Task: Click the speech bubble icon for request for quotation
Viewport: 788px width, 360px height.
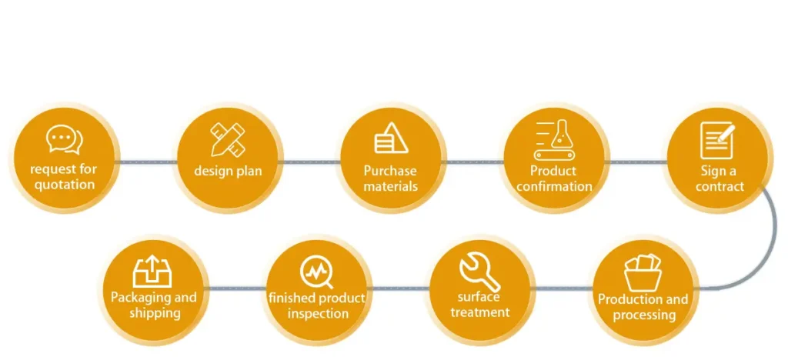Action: point(65,139)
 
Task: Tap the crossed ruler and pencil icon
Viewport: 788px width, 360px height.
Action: point(228,139)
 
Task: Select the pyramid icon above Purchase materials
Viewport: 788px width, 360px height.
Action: point(391,138)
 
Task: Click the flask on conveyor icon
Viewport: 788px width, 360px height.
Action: point(554,140)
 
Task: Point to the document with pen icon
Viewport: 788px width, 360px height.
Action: point(718,140)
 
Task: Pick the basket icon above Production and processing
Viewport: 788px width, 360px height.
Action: point(643,272)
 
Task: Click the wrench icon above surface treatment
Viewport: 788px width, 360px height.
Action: point(480,272)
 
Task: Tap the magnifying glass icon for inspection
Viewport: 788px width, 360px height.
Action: point(316,272)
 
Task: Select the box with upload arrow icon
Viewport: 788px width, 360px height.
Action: point(152,272)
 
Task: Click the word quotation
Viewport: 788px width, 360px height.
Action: point(65,185)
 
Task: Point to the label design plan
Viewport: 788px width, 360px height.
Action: point(228,171)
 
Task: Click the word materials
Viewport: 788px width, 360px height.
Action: point(391,186)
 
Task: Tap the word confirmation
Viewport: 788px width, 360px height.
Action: point(554,186)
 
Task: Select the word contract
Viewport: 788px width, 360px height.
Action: point(720,186)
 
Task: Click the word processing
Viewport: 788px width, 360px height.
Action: point(644,315)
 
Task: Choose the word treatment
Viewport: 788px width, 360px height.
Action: point(480,312)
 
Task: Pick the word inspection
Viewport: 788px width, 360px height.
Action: point(318,313)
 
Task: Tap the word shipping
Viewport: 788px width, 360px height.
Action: point(155,313)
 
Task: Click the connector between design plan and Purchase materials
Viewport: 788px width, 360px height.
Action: point(309,162)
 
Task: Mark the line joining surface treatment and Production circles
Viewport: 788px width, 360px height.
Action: point(563,288)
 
